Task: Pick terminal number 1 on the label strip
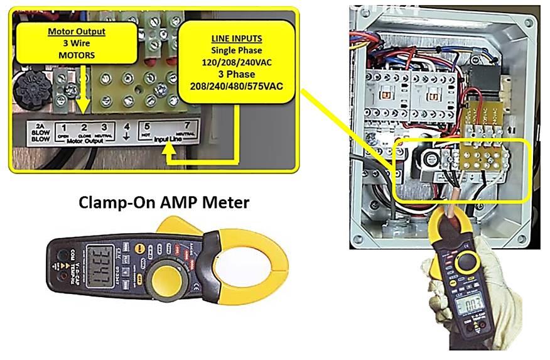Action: (x=63, y=128)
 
